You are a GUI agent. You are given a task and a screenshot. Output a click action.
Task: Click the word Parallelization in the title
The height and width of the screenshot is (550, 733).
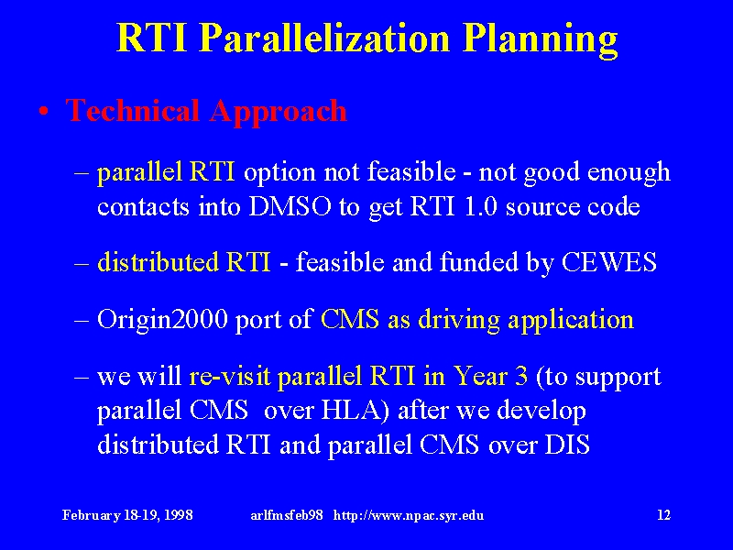pyautogui.click(x=324, y=38)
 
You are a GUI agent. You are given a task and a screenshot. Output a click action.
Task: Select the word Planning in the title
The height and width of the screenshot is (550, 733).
pyautogui.click(x=541, y=40)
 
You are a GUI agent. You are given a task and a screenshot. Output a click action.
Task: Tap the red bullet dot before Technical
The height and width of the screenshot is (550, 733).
pyautogui.click(x=43, y=112)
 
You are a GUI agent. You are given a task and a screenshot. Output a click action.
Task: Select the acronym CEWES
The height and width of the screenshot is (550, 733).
pyautogui.click(x=608, y=262)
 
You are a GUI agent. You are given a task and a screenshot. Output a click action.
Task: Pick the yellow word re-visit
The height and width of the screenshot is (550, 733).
pyautogui.click(x=230, y=376)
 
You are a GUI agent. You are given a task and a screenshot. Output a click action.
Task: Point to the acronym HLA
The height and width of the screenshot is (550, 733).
pyautogui.click(x=356, y=410)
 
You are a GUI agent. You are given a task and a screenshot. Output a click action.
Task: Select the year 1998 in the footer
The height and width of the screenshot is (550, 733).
pyautogui.click(x=179, y=515)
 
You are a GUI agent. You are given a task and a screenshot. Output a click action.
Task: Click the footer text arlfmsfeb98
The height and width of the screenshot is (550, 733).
pyautogui.click(x=287, y=515)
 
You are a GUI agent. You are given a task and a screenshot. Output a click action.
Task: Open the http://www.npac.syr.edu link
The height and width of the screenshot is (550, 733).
pyautogui.click(x=409, y=516)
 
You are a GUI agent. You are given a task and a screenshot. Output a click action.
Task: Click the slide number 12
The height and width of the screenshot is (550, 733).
pyautogui.click(x=663, y=515)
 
